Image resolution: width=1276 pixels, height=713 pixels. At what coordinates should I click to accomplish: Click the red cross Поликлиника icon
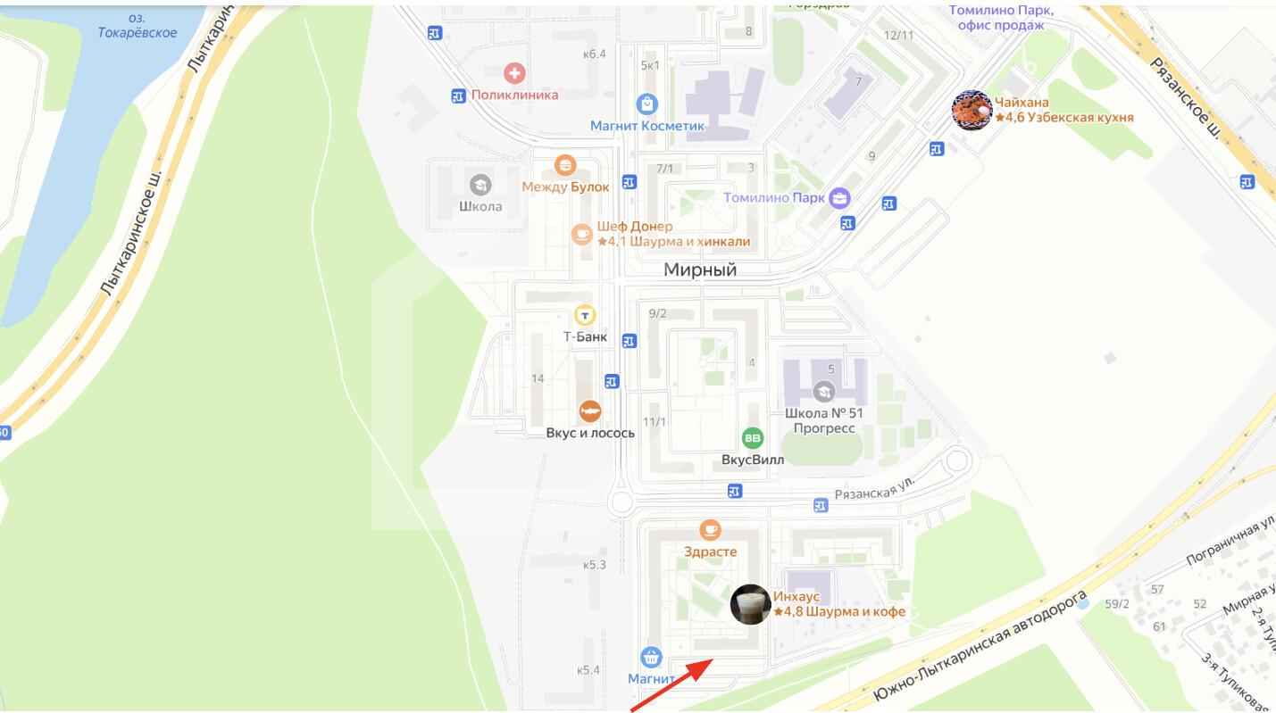514,73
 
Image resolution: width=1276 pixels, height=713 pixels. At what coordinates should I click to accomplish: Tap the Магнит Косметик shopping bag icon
647,104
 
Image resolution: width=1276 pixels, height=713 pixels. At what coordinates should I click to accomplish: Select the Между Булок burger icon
564,165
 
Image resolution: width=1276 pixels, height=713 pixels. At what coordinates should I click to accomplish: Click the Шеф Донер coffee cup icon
582,234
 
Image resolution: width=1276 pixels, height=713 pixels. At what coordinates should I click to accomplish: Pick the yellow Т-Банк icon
585,315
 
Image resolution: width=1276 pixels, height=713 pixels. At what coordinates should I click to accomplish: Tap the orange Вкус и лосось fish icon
589,410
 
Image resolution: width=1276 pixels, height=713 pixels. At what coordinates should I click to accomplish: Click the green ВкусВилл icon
753,438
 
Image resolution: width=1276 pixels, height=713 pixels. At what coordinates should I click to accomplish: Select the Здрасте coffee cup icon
710,530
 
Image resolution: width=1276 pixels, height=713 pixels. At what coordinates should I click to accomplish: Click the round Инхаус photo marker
750,604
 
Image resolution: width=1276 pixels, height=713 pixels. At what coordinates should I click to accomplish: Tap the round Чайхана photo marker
972,110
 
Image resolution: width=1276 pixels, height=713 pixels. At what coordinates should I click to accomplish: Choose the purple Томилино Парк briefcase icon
839,198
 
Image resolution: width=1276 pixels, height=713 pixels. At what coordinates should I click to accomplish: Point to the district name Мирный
700,270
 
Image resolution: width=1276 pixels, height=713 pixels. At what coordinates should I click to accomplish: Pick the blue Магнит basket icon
652,658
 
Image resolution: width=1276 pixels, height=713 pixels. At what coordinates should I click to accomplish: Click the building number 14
538,378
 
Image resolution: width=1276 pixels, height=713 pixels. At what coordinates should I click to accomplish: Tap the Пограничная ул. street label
1230,540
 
